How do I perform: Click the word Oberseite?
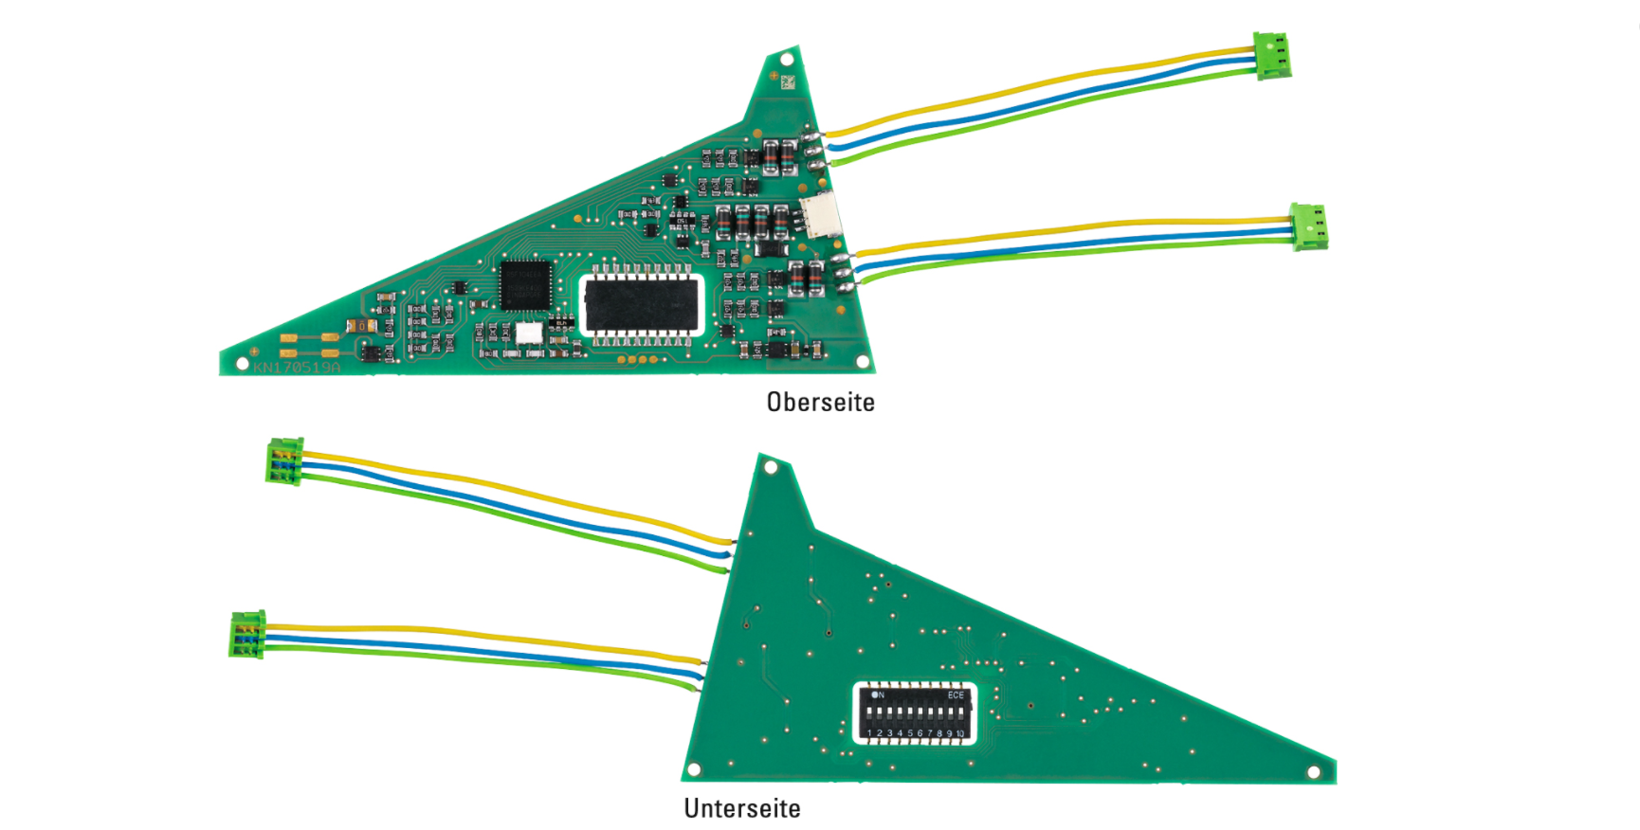click(x=820, y=402)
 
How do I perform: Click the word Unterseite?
click(x=742, y=808)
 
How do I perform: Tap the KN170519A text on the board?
click(x=296, y=367)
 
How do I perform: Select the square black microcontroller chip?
click(x=525, y=284)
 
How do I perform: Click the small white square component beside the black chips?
click(x=529, y=334)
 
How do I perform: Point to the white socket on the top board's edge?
click(x=820, y=216)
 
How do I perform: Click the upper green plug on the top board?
click(x=1272, y=55)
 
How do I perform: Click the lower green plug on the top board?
click(x=1309, y=226)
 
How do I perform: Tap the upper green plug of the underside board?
click(x=285, y=460)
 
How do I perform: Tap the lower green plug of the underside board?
click(x=247, y=634)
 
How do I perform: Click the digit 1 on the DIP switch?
click(x=870, y=732)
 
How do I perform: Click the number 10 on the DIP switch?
click(x=960, y=733)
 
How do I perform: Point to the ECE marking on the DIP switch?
click(x=956, y=695)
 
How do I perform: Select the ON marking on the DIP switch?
click(x=878, y=695)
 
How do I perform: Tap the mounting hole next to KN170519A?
click(x=242, y=363)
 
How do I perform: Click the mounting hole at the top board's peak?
click(x=787, y=60)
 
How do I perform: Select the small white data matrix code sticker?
click(x=787, y=82)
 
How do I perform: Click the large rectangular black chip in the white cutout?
click(x=642, y=303)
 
